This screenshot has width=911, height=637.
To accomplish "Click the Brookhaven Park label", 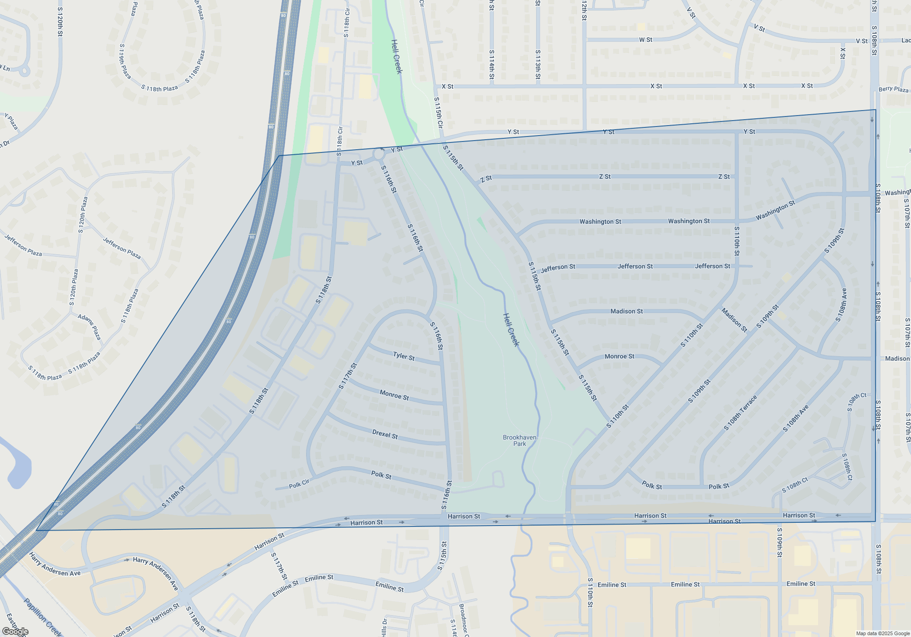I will (519, 440).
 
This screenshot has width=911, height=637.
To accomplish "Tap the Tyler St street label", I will (404, 356).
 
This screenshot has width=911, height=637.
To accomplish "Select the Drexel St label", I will (385, 434).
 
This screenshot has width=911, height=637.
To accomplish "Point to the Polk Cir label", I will (299, 485).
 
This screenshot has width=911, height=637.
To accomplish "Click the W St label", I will (645, 40).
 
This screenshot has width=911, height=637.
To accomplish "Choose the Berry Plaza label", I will (893, 89).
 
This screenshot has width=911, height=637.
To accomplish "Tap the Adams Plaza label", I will (89, 326).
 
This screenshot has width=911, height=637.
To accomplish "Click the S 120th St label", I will (60, 22).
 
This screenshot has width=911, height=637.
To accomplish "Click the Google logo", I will (15, 632).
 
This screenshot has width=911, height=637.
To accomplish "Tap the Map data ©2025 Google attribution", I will (883, 633).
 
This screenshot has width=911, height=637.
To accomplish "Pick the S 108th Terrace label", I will (740, 413).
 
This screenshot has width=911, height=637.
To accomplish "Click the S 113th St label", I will (538, 65).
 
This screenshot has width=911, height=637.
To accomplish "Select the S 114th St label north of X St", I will (491, 65).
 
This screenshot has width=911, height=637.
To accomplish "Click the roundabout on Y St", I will (379, 154).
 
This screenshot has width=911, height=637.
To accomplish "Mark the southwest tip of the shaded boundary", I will (37, 530).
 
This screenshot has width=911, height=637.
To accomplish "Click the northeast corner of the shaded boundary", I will (875, 110).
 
